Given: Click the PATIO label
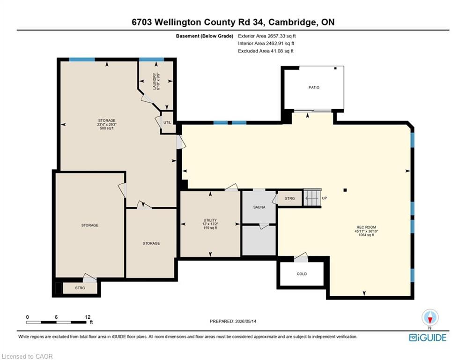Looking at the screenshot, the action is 314,88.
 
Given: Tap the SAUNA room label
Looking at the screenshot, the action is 259,207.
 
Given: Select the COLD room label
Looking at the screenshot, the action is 302,274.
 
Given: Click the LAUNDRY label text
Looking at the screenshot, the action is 155,81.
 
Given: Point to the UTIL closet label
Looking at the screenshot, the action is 167,123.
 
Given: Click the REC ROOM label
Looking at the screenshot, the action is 366,227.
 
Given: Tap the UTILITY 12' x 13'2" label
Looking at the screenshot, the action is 210,224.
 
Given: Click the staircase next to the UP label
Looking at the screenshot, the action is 312,198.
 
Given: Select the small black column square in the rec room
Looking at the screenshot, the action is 345,190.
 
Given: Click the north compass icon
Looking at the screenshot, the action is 430,318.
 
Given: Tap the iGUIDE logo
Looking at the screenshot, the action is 428,337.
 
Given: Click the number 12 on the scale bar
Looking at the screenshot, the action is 88,317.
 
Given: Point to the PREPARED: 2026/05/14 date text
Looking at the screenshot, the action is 233,321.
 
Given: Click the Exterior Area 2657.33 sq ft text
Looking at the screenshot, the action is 267,36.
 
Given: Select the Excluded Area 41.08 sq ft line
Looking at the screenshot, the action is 266,51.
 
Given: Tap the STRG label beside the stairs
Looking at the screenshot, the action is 290,198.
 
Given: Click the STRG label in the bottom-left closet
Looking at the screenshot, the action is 80,288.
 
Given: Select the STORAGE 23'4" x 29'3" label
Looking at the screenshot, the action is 107,124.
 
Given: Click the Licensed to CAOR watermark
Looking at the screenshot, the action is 27,356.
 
